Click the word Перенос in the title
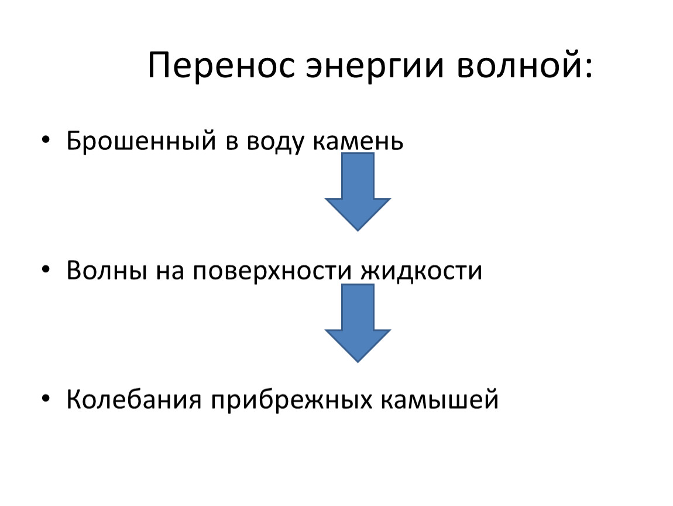click(221, 65)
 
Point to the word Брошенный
click(141, 141)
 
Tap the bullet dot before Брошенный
click(46, 140)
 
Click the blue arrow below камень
click(358, 192)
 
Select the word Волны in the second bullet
click(107, 271)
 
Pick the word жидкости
click(421, 271)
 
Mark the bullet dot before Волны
click(46, 270)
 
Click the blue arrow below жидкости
click(358, 323)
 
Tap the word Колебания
click(134, 399)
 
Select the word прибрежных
click(291, 401)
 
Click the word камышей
click(440, 399)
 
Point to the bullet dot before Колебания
click(46, 399)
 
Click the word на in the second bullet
click(170, 272)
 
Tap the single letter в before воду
click(231, 143)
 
